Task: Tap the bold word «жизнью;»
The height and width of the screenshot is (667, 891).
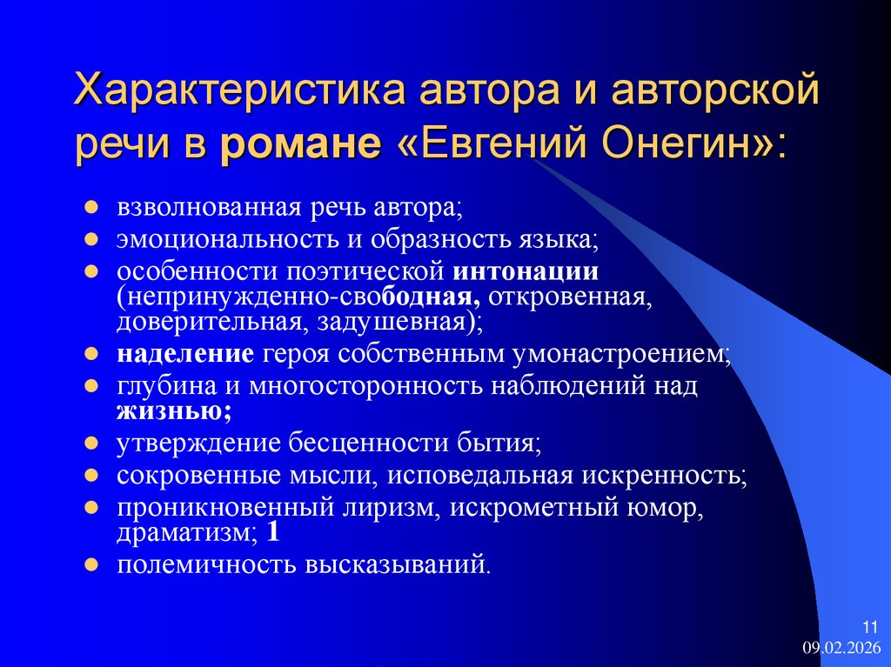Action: click(x=174, y=410)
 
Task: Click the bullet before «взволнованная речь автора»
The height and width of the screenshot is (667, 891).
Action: click(x=90, y=210)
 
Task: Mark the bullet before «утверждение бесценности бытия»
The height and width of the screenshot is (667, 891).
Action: click(x=90, y=444)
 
